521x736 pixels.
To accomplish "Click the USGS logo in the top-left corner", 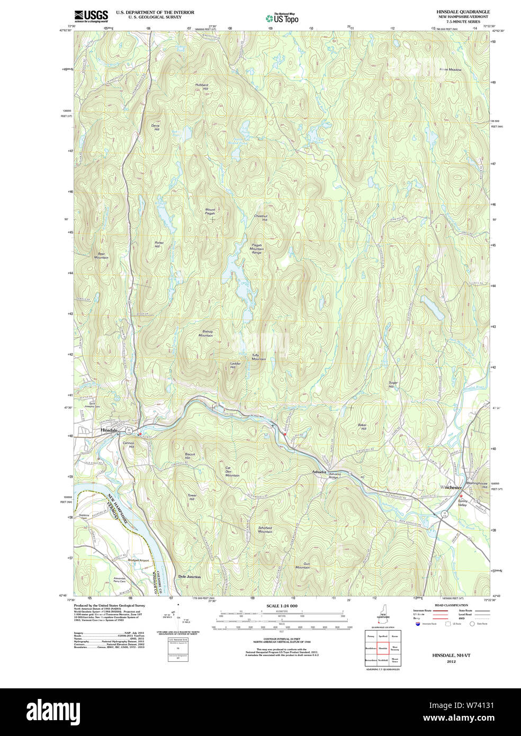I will (91, 15).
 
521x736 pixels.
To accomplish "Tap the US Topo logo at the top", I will (282, 17).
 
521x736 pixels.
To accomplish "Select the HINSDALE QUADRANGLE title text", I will (463, 12).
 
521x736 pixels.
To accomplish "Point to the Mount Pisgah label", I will (210, 211).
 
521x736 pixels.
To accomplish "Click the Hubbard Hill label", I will (201, 86).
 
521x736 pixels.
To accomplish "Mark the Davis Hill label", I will (156, 127).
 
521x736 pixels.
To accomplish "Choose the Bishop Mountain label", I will (206, 333).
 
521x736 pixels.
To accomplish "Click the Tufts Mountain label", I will (258, 357).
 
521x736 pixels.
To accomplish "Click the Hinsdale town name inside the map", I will (109, 430).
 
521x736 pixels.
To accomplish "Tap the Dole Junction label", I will (189, 577).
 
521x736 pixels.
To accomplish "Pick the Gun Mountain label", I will (303, 566).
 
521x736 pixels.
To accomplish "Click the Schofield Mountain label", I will (265, 529).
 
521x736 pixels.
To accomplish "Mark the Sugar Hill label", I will (393, 384).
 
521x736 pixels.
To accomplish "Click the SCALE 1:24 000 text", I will (282, 606).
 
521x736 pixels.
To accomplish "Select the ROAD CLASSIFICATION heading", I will (451, 605).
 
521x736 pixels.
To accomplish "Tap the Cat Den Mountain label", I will (232, 471).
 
